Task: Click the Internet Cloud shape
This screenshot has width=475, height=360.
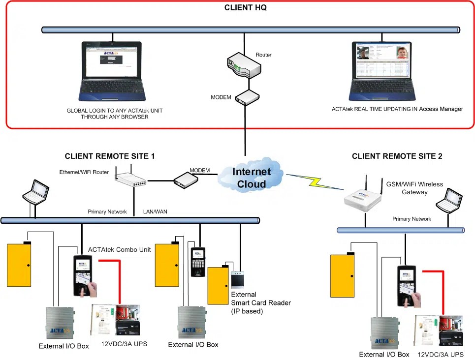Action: tap(252, 178)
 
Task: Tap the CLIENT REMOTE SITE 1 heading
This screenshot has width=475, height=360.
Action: tap(110, 156)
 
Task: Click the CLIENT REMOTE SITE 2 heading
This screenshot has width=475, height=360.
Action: tap(397, 156)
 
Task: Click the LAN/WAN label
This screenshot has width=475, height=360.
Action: tap(155, 211)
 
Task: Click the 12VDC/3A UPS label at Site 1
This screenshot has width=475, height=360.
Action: tap(124, 343)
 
